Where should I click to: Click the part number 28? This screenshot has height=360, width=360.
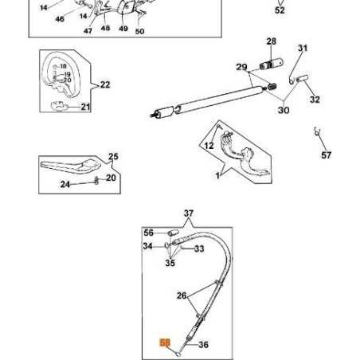271,41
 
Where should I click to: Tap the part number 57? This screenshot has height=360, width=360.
327,155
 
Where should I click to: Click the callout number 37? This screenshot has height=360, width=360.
189,213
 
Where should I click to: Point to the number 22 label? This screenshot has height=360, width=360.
105,84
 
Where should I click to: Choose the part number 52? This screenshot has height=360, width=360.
280,11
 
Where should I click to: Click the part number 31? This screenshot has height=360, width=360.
303,49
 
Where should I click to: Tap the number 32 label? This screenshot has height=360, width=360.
315,100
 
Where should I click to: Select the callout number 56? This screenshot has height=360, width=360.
148,233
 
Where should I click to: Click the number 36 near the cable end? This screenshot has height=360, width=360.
203,345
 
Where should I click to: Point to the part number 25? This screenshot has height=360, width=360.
113,157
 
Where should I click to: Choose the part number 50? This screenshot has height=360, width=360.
139,31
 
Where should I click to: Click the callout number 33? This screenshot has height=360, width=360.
198,248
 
